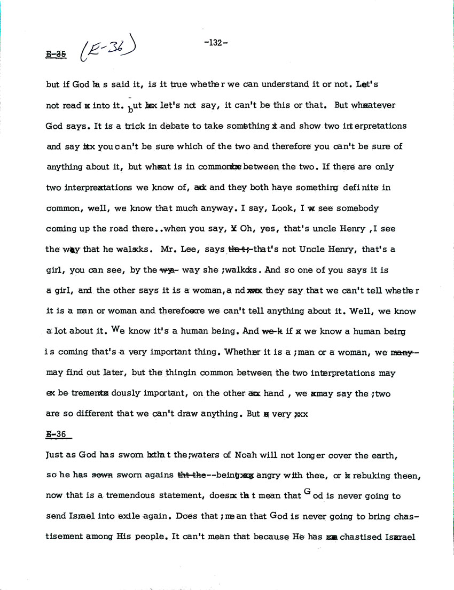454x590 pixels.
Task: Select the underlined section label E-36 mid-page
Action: pos(59,434)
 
